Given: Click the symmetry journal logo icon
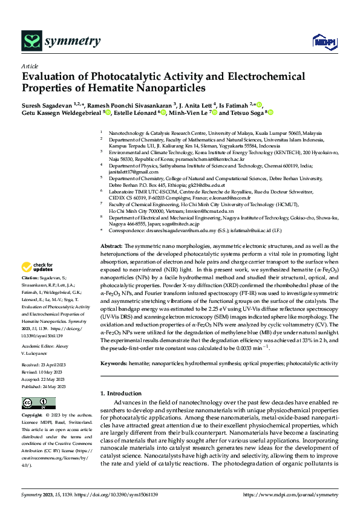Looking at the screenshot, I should click(x=31, y=41).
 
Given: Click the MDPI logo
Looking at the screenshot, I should click(x=321, y=41).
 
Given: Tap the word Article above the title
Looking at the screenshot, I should click(x=30, y=66).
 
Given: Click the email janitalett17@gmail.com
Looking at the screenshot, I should click(x=130, y=172).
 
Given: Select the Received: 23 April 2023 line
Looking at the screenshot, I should click(x=48, y=365).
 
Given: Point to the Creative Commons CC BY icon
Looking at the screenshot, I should click(x=34, y=404).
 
